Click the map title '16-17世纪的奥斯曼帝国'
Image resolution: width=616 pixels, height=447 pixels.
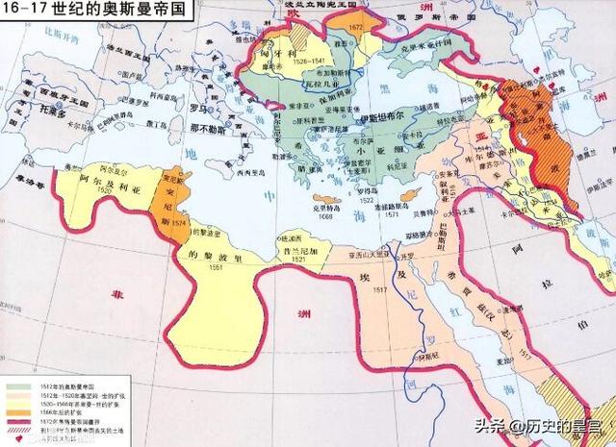(94, 12)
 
